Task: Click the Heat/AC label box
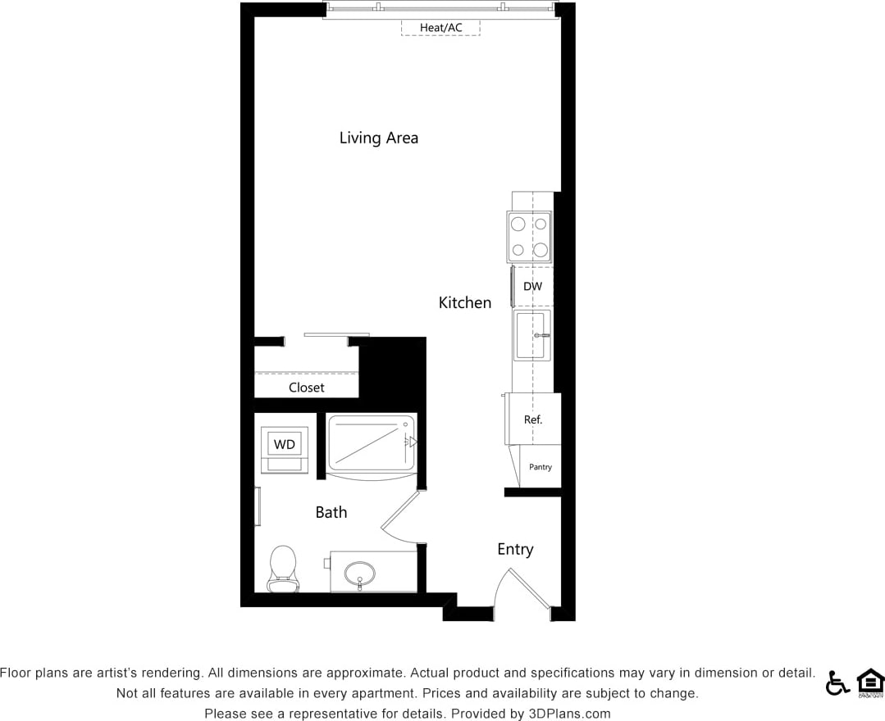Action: [440, 28]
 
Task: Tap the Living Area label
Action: [378, 138]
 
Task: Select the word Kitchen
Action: [465, 302]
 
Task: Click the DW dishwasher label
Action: [532, 287]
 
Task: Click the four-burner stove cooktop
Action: [529, 237]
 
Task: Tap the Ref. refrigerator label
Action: [533, 419]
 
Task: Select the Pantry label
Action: [541, 467]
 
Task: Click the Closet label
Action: [306, 388]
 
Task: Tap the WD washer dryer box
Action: [284, 445]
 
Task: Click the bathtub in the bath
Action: [371, 445]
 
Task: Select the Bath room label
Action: [331, 512]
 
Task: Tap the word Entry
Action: [515, 549]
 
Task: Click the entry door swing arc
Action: [522, 588]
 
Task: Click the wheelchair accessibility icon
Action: [837, 682]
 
